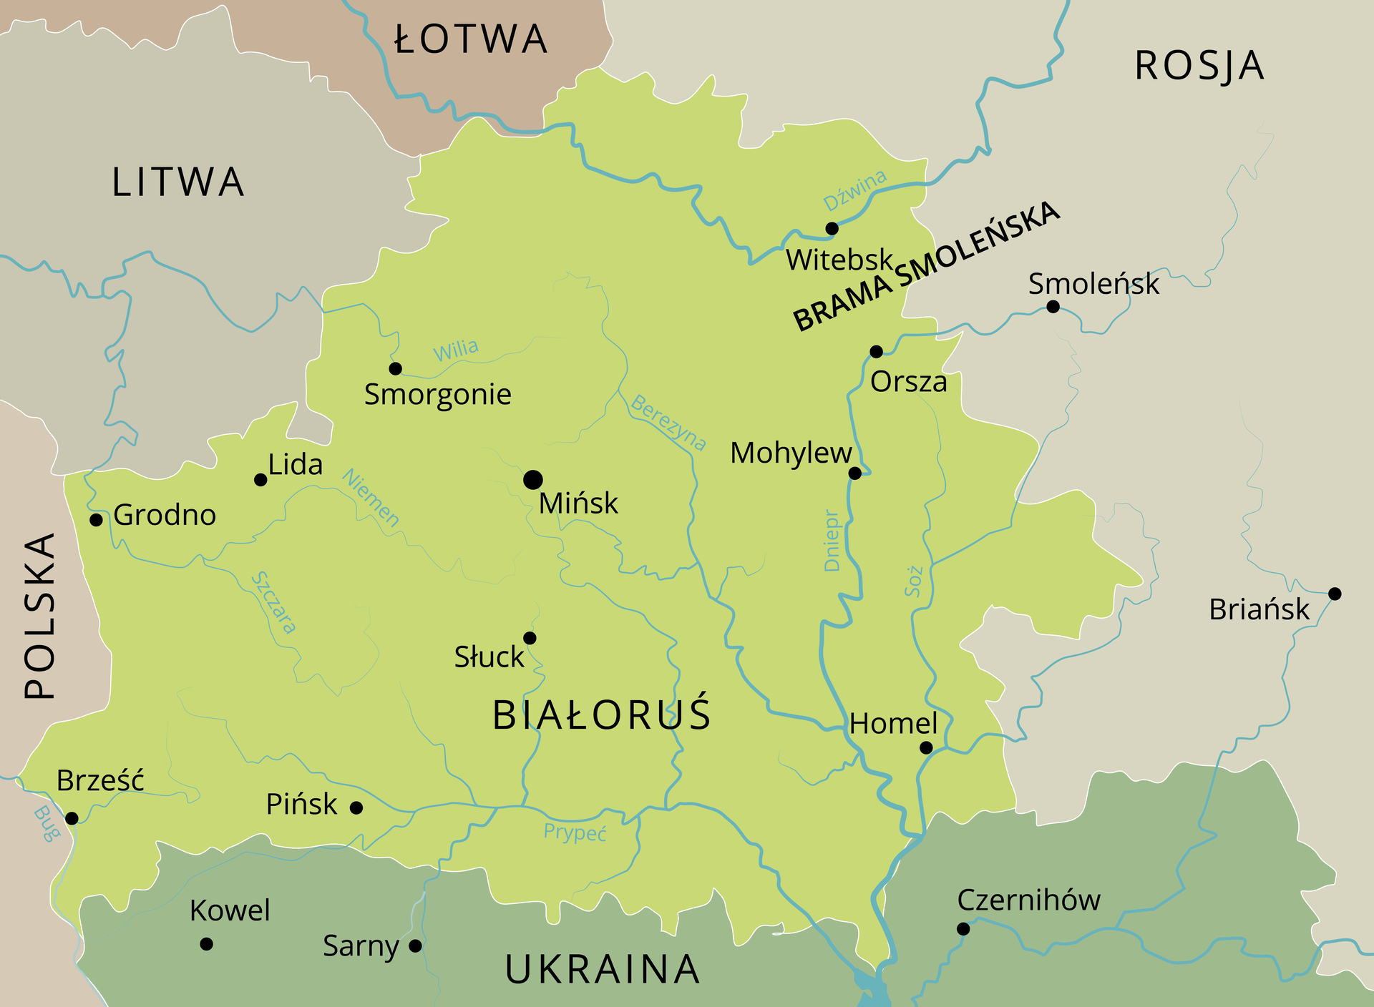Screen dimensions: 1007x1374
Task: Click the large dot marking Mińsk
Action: (532, 479)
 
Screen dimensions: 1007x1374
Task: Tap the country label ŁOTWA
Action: (471, 39)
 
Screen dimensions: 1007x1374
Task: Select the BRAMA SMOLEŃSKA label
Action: (926, 266)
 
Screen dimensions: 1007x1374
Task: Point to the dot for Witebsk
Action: (832, 229)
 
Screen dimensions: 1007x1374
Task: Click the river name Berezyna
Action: (668, 423)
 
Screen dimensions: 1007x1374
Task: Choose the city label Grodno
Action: (165, 515)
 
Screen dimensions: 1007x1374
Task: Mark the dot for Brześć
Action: (72, 818)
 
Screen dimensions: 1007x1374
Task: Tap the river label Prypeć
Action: (575, 832)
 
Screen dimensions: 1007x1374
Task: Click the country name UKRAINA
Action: (602, 969)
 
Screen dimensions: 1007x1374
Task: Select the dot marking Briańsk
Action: (1335, 594)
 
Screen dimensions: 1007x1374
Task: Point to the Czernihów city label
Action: (1028, 900)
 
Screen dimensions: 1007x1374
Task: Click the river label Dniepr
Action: (832, 541)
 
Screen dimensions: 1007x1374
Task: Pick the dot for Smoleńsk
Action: (1053, 307)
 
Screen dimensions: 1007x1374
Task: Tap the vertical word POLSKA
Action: (40, 615)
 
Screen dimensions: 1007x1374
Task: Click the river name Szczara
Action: (274, 602)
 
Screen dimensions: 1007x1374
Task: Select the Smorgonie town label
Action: (438, 395)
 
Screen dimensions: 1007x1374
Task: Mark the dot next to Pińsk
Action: (356, 807)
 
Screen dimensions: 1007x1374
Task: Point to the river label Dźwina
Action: (854, 190)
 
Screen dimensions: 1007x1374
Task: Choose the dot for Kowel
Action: (206, 944)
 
